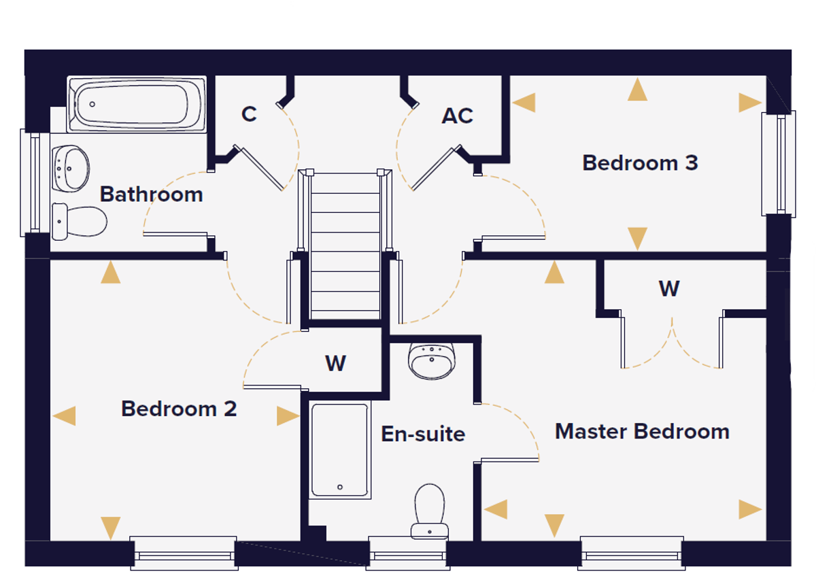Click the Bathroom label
(151, 194)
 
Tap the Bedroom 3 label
(640, 162)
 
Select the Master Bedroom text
(642, 431)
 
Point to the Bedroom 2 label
(179, 409)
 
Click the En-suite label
(423, 434)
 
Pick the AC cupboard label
(457, 116)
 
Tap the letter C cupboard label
(249, 114)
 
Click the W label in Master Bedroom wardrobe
(669, 288)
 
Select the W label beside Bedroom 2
(335, 363)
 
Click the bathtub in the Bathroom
(137, 104)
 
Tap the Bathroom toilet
(80, 222)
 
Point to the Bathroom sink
(70, 169)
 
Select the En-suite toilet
(430, 511)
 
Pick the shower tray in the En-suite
(340, 450)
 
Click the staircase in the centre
(345, 246)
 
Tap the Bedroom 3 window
(779, 164)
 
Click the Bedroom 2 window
(184, 553)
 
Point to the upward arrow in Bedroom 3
(637, 89)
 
